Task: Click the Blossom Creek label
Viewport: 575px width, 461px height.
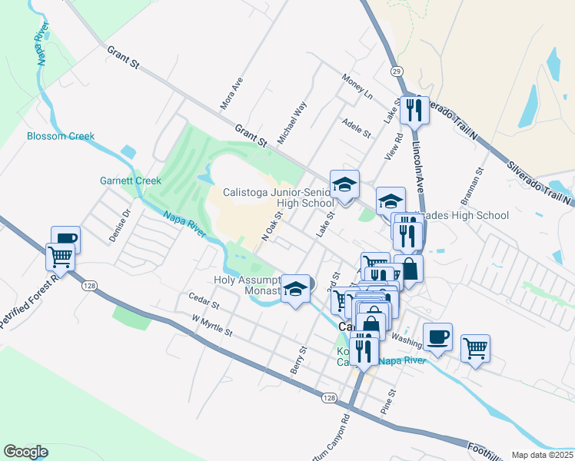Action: (x=61, y=136)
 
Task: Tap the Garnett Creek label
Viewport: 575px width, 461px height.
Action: (x=131, y=181)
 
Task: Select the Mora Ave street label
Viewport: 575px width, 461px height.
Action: (x=231, y=92)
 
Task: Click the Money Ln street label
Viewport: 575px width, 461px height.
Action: (x=357, y=87)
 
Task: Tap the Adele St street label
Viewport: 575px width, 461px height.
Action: (x=357, y=128)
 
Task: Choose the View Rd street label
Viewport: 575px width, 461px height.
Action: (x=397, y=146)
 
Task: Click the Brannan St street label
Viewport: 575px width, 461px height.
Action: (x=470, y=187)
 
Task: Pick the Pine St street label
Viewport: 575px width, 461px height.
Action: (x=390, y=402)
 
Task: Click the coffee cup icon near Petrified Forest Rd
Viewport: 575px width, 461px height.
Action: (x=65, y=239)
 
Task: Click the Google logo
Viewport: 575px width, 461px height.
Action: (x=25, y=452)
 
